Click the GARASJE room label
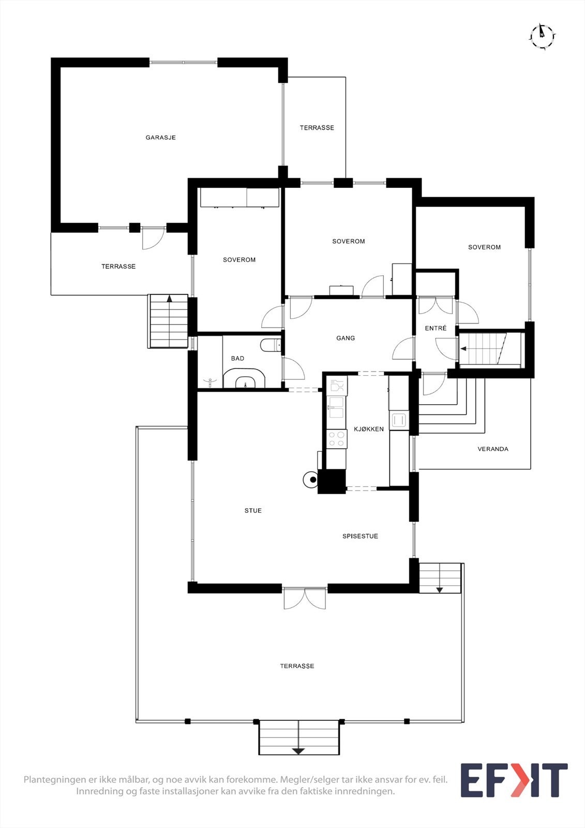pos(160,138)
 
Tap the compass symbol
pos(542,36)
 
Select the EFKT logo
pos(514,780)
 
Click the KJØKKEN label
pos(369,429)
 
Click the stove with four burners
pos(337,439)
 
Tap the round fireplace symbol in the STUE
pos(311,479)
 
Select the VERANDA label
pos(492,449)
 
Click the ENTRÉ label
pos(436,329)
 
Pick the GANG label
pos(346,338)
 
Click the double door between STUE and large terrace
pos(305,598)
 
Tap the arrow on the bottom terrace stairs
pos(298,750)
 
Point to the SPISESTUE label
pos(360,537)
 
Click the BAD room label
pos(237,359)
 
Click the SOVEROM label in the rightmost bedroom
pos(484,247)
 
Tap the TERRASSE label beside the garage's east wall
pos(317,128)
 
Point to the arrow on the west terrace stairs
pos(169,299)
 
